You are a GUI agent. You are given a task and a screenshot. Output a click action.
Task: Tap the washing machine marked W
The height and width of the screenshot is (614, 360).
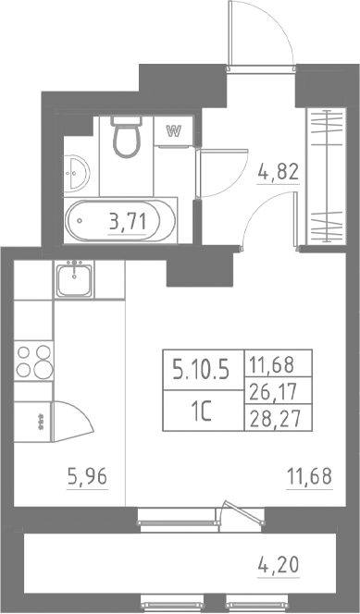(x=172, y=130)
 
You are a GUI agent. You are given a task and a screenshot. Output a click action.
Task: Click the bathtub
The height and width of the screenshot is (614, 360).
(x=118, y=220)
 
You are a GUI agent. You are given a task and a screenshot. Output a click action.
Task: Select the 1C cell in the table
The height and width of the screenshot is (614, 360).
(x=203, y=412)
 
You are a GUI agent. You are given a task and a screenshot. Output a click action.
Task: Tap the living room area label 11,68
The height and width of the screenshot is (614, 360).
(x=309, y=478)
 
